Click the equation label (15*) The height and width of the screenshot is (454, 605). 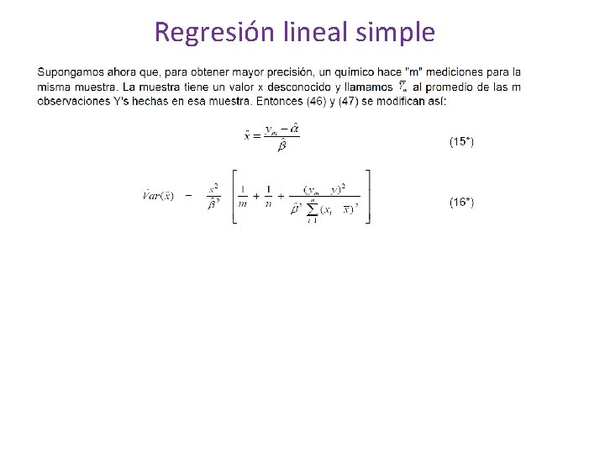click(461, 142)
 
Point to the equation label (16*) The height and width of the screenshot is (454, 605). click(461, 202)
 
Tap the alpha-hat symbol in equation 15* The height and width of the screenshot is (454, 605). click(294, 129)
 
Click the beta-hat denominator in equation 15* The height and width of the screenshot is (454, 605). click(281, 145)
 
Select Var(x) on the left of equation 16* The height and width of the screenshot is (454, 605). click(158, 195)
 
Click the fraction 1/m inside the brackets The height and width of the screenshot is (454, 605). click(242, 196)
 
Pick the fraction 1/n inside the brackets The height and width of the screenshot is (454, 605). click(267, 196)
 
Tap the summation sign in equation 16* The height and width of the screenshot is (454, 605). click(313, 209)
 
